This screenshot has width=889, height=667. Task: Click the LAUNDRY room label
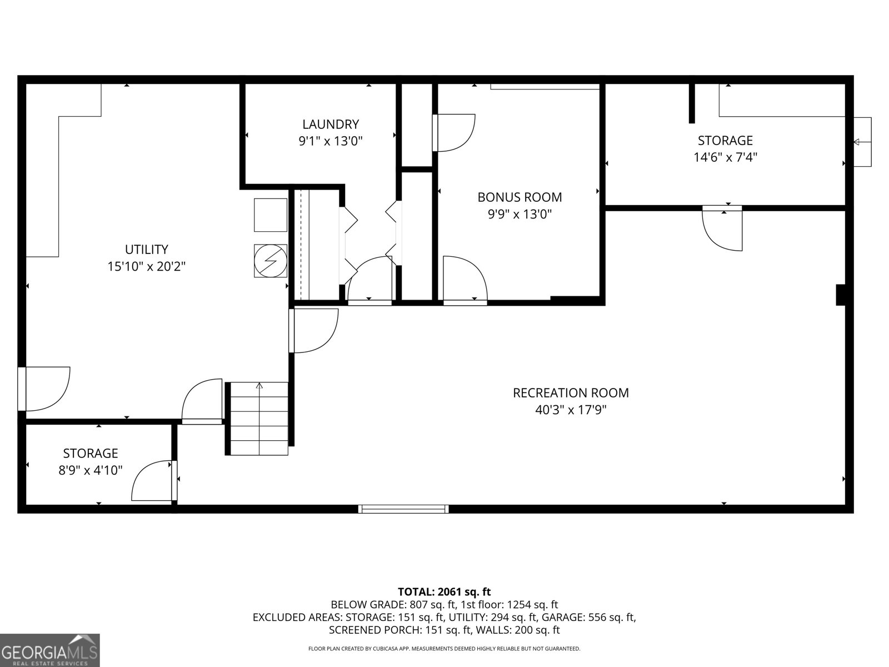(331, 124)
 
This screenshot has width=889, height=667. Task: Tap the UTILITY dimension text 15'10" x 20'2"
(146, 267)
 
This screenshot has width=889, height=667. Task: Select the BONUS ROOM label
(520, 197)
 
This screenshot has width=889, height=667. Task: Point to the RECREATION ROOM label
(571, 393)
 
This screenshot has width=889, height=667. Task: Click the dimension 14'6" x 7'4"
(725, 157)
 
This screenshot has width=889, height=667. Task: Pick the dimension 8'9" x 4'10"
(91, 470)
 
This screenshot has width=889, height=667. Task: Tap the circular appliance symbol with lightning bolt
(271, 261)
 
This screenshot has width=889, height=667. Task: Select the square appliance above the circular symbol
(271, 215)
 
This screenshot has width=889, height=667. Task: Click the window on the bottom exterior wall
(403, 509)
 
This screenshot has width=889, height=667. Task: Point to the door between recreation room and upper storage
(722, 228)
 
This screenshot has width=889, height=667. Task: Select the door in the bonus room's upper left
(454, 132)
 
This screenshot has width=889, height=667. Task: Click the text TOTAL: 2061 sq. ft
(444, 592)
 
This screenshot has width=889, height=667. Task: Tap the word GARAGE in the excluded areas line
(562, 618)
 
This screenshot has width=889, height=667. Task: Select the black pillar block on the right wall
(841, 295)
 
